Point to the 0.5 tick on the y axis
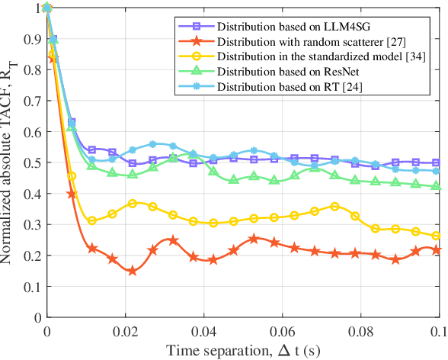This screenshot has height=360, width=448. click(x=34, y=162)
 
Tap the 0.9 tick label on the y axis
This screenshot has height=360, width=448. click(x=34, y=39)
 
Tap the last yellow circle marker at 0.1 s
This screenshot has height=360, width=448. click(x=435, y=236)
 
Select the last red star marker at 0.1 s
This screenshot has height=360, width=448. click(x=435, y=250)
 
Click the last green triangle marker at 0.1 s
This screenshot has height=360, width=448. click(x=435, y=186)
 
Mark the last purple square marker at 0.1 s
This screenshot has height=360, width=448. click(x=435, y=162)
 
